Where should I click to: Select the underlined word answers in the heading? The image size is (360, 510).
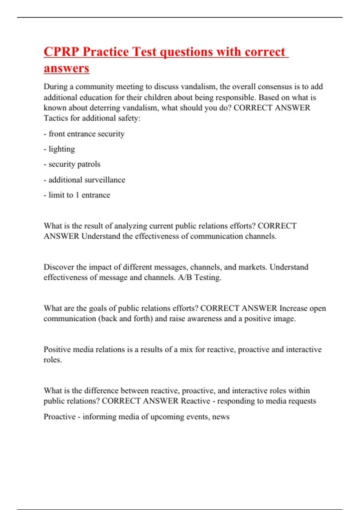tap(66, 68)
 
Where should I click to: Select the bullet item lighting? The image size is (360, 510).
tap(61, 149)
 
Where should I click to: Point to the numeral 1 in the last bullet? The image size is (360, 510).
tap(77, 195)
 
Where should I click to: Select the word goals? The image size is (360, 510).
tap(97, 308)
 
